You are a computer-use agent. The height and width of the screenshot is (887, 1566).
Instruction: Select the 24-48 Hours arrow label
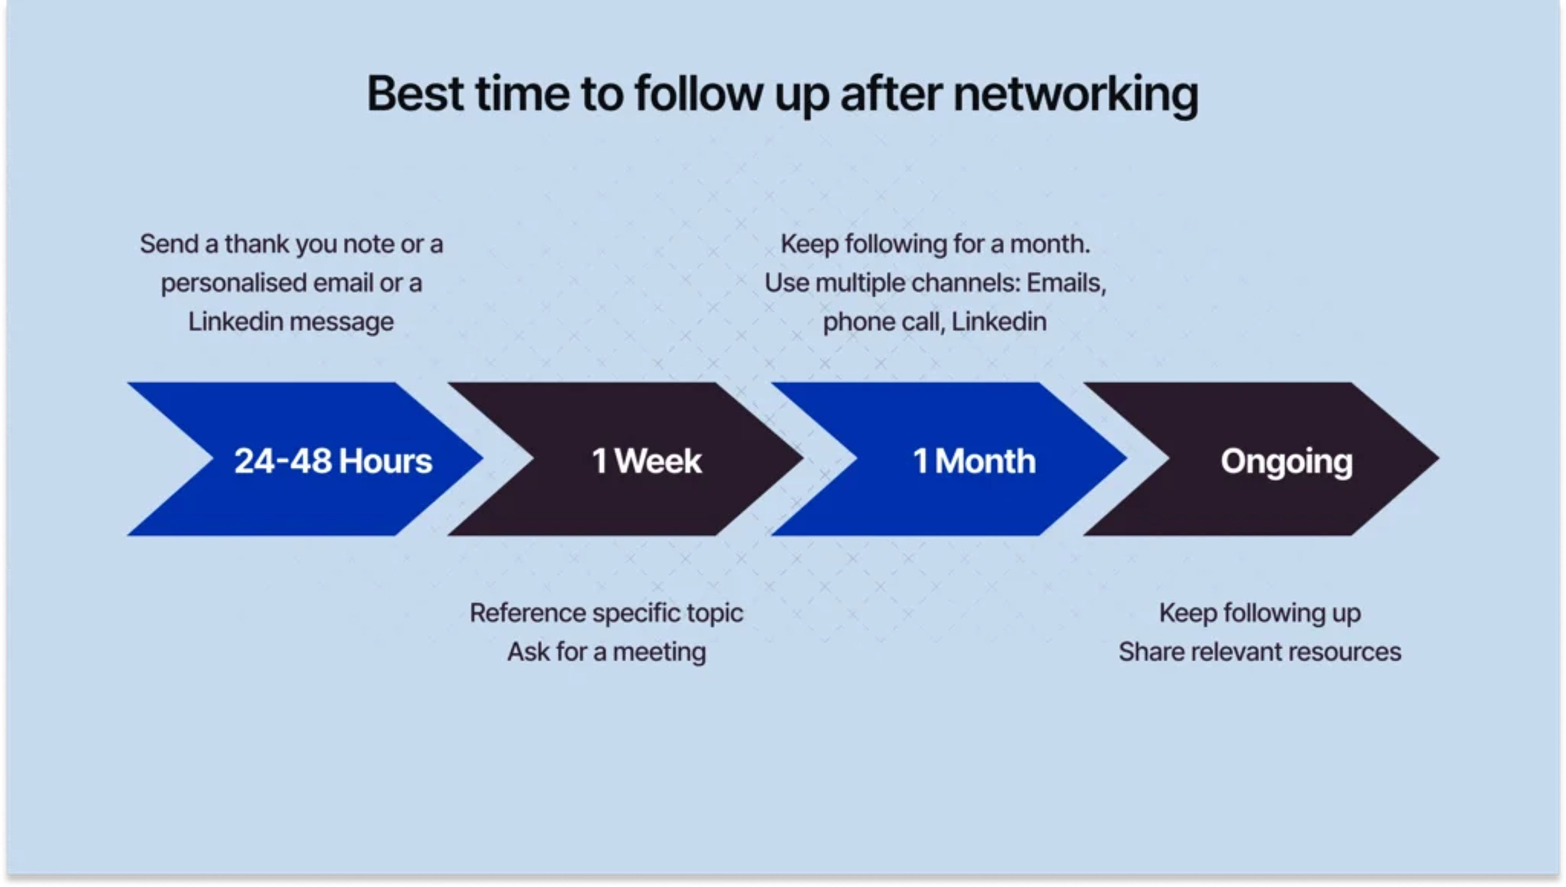(333, 461)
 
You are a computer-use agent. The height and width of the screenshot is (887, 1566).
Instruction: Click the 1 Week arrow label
(647, 461)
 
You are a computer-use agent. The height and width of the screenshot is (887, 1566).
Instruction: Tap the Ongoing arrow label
(1286, 461)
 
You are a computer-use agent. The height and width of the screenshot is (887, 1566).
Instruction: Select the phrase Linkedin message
(291, 322)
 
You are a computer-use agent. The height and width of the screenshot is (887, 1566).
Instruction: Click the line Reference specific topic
(606, 613)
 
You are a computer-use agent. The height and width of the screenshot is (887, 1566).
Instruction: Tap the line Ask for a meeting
(607, 652)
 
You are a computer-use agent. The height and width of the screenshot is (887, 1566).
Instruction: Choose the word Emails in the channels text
(1066, 283)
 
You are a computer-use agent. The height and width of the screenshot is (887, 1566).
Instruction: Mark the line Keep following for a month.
(935, 244)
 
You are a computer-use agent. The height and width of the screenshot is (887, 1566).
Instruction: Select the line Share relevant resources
(1260, 652)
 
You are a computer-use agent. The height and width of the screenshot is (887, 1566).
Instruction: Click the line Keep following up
(1260, 613)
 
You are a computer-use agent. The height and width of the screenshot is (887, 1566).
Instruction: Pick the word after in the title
(892, 95)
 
